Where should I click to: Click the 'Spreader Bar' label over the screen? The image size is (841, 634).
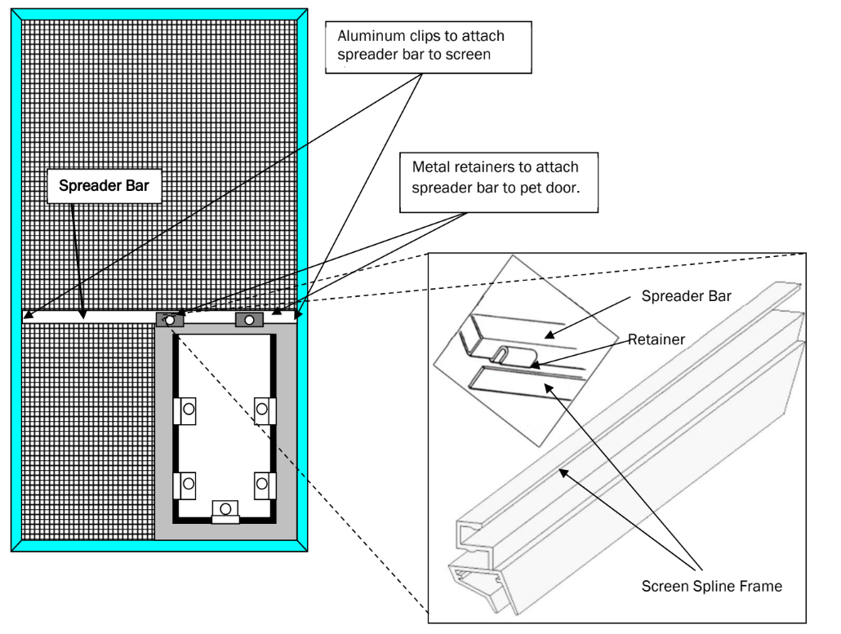tap(104, 186)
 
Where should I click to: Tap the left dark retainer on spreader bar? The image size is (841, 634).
tap(170, 320)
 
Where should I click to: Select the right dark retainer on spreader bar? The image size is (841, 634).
tap(249, 320)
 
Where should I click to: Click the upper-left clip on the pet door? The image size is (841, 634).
tap(186, 410)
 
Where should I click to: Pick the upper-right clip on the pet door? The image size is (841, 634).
tap(263, 410)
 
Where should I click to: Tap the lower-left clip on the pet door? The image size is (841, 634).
tap(186, 485)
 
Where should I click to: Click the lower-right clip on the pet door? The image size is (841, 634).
tap(263, 485)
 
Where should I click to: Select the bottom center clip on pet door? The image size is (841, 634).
tap(225, 511)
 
